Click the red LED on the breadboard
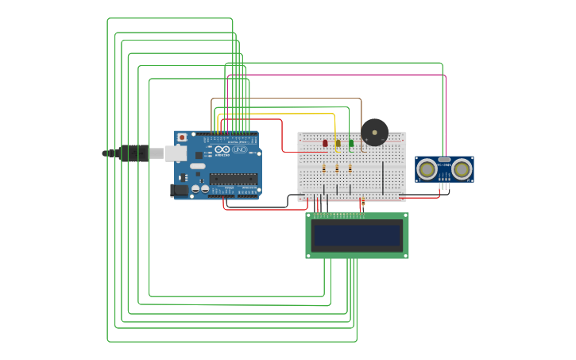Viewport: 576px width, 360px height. click(325, 144)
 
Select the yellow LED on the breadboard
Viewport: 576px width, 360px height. click(338, 144)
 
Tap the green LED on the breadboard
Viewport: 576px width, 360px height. click(350, 144)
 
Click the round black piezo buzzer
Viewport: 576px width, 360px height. click(374, 132)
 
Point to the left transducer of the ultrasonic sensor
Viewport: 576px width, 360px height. click(427, 168)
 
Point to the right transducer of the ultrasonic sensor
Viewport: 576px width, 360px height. click(462, 168)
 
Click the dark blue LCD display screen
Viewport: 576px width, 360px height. click(357, 235)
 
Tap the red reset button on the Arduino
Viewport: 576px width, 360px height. click(182, 137)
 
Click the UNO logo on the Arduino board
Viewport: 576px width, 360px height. click(239, 150)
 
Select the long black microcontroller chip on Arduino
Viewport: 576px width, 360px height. click(234, 179)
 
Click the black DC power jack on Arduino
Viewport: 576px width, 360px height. click(180, 190)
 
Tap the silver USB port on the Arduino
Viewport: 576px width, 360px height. click(176, 153)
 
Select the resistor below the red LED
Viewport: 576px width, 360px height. click(325, 168)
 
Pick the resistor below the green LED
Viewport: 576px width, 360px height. click(350, 168)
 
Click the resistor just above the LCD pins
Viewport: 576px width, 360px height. click(363, 203)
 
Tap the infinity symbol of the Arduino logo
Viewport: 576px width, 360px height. click(222, 150)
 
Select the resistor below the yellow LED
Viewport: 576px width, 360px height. click(338, 168)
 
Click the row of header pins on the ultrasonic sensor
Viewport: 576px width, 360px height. click(444, 185)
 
